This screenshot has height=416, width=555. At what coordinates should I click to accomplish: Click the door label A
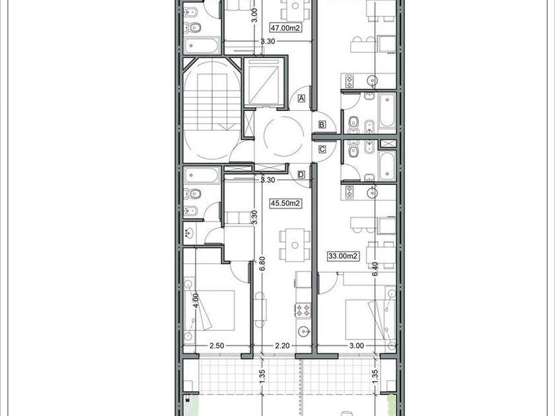(x=301, y=98)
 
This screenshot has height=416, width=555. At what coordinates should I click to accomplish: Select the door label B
(x=322, y=125)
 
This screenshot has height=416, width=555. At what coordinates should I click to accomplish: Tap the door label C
(x=322, y=150)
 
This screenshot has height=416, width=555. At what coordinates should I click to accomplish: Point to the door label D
(x=301, y=174)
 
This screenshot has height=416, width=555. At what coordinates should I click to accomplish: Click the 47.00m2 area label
(x=285, y=28)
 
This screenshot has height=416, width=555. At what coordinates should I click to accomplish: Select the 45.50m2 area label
(x=285, y=203)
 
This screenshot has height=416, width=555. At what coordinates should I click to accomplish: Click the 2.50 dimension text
(x=217, y=345)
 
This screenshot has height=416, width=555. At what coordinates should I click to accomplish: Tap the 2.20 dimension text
(x=283, y=345)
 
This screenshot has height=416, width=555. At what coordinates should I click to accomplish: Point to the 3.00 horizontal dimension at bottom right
(x=356, y=345)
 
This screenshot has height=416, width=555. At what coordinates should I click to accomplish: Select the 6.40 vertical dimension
(x=375, y=269)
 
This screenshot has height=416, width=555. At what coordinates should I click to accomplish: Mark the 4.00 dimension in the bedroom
(x=196, y=301)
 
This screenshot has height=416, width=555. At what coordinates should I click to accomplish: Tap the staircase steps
(x=211, y=102)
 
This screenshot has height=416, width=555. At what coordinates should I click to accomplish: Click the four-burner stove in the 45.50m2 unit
(x=303, y=310)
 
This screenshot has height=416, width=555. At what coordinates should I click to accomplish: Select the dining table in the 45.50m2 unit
(x=295, y=245)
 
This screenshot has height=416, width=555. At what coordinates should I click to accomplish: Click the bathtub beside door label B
(x=387, y=110)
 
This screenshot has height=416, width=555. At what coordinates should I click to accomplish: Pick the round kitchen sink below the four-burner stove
(x=303, y=331)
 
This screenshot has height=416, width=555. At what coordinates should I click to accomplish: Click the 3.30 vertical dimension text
(x=254, y=217)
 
